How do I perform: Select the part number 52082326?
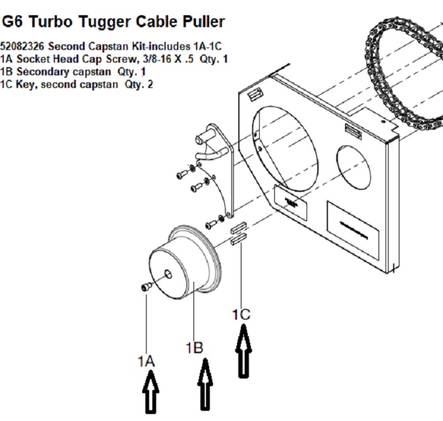23,46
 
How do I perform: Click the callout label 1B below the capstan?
194,347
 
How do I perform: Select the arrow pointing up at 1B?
204,383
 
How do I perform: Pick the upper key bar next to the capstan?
239,229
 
